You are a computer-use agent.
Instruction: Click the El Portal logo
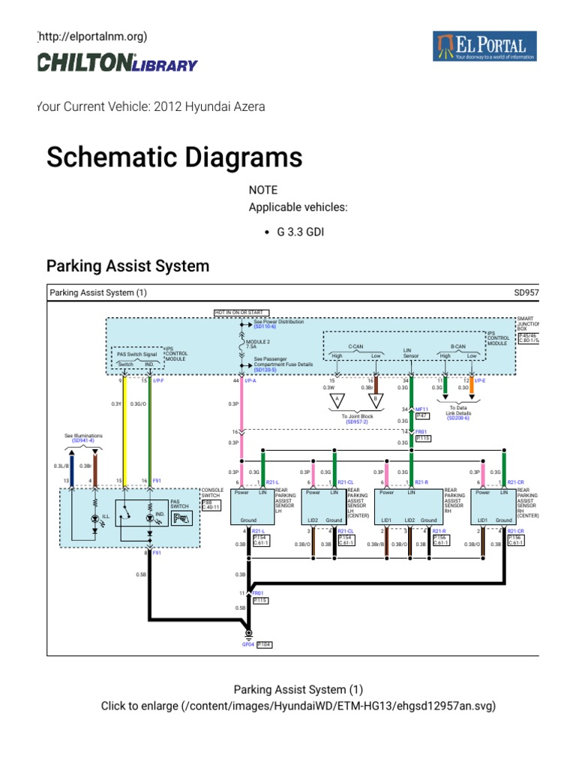pyautogui.click(x=484, y=46)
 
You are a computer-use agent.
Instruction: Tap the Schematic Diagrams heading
pyautogui.click(x=174, y=157)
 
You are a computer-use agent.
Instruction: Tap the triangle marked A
pyautogui.click(x=337, y=398)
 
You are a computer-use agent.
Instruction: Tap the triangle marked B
pyautogui.click(x=376, y=398)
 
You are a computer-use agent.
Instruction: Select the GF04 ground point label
pyautogui.click(x=247, y=644)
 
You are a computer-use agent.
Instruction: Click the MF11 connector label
pyautogui.click(x=421, y=409)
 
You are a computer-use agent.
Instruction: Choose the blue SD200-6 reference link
pyautogui.click(x=457, y=418)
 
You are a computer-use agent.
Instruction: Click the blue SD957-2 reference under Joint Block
pyautogui.click(x=357, y=422)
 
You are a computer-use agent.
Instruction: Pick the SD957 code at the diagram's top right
pyautogui.click(x=526, y=292)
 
